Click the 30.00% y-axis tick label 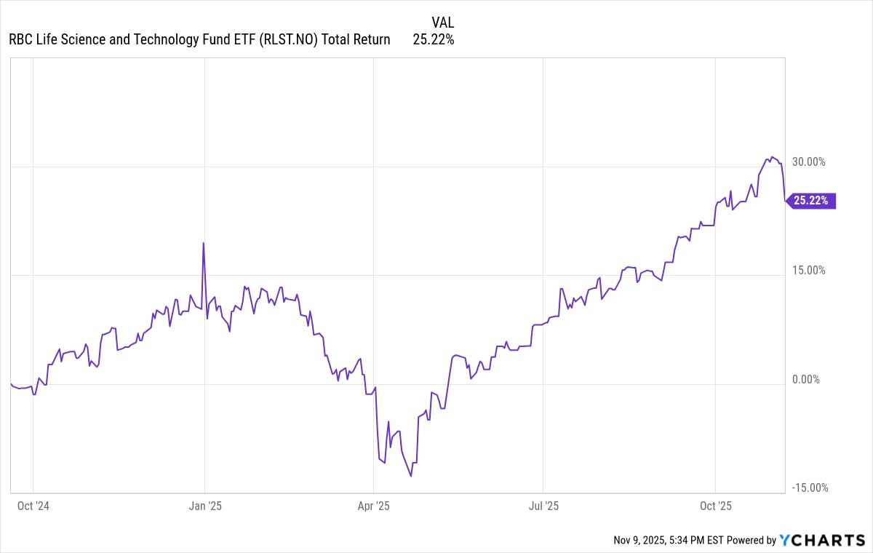pos(808,162)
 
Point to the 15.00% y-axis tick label pos(808,270)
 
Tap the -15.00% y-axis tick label pos(808,488)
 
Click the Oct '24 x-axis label pos(33,506)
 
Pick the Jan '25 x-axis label pos(204,506)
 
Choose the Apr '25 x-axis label pos(373,506)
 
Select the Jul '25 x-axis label pos(543,506)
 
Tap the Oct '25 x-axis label pos(716,506)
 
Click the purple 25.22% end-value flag pos(813,201)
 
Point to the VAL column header pos(442,23)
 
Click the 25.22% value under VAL pos(434,40)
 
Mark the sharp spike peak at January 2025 pos(203,243)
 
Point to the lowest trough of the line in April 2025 pos(411,476)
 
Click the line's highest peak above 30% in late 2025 pos(772,156)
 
